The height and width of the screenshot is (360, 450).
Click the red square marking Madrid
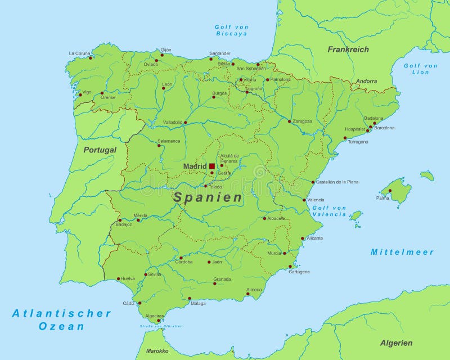tap(212, 166)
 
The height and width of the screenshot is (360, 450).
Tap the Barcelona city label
tap(385, 128)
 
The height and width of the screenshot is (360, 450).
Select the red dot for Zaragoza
tap(290, 121)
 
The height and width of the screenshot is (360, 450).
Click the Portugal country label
tap(100, 150)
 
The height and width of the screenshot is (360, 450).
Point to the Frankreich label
tap(348, 49)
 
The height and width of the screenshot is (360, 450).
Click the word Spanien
tap(208, 197)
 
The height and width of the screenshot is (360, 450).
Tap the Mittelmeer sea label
tap(402, 252)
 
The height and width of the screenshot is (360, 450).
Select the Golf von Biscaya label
tap(231, 30)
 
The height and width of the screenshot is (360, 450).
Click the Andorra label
tap(366, 82)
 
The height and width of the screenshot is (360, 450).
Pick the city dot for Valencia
tap(304, 200)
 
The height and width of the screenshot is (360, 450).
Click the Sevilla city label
tap(155, 274)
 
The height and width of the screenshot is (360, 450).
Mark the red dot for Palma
tap(390, 191)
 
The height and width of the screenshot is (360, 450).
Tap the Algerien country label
tap(397, 343)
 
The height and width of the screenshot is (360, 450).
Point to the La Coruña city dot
tap(90, 57)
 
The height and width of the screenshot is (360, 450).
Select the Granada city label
tap(222, 279)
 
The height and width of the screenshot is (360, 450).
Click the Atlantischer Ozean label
tap(62, 319)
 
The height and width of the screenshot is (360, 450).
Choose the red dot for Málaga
tap(190, 298)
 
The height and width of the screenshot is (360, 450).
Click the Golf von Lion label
tap(420, 69)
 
